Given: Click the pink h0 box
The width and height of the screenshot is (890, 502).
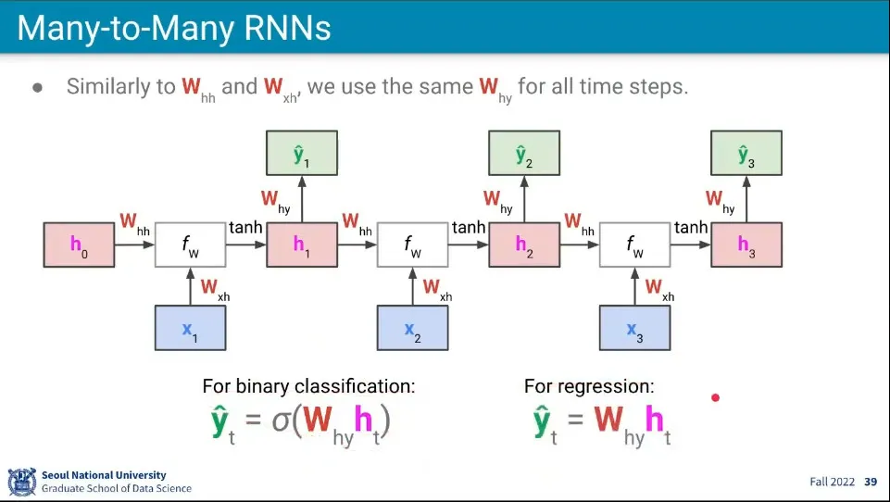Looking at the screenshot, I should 79,245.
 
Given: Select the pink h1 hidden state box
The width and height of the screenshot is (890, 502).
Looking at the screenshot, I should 301,245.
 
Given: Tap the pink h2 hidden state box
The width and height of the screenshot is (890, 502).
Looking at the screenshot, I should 523,245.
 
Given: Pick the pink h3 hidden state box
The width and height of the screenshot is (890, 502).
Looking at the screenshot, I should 746,245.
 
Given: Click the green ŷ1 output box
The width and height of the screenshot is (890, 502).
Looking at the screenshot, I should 301,154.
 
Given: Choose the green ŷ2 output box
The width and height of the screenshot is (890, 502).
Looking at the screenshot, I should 523,154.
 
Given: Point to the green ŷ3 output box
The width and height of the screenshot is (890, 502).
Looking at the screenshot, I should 746,154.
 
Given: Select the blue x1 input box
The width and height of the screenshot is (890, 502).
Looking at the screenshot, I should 190,328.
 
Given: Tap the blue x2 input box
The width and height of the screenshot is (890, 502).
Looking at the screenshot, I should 412,328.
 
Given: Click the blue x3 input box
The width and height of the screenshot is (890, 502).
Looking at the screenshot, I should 634,328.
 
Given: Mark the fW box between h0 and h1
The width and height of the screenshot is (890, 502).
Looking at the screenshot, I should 190,245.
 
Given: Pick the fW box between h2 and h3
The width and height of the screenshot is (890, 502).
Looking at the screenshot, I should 634,245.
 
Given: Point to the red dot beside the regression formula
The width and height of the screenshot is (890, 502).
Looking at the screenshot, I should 715,398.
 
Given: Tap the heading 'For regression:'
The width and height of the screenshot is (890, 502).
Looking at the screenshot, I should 589,386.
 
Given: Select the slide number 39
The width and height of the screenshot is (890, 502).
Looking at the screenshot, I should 870,482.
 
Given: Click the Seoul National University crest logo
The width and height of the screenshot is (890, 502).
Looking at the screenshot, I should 21,482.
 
